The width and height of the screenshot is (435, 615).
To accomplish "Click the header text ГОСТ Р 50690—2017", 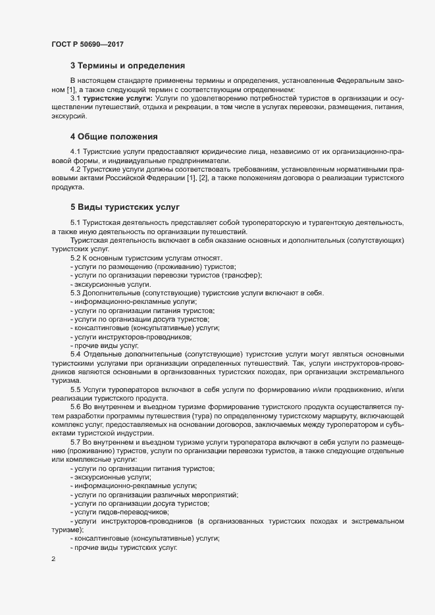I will click(87, 44).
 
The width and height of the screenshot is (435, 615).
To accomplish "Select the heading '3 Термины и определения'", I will click(127, 66).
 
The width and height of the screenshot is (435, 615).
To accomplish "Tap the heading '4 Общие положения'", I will click(114, 137).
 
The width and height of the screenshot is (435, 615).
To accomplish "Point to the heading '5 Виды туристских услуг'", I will click(124, 207).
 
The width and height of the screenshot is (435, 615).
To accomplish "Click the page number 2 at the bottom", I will click(53, 560).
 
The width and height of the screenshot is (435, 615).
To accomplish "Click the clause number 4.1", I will click(75, 152).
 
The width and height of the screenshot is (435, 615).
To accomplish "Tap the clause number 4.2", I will click(75, 169).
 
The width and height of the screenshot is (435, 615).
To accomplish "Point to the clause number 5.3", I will click(75, 292).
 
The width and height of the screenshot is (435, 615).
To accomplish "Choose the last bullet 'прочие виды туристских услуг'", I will click(125, 547).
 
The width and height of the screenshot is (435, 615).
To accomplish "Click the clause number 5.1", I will click(75, 222).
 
